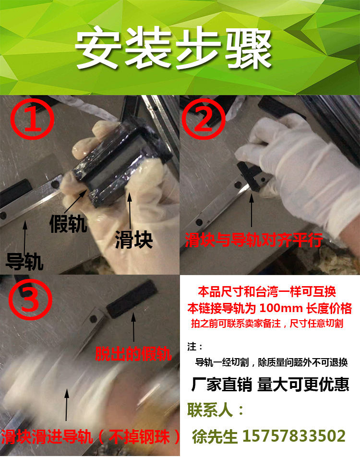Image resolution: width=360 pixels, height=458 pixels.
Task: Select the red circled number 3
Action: point(30,299)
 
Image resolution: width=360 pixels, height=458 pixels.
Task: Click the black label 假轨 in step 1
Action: point(68,224)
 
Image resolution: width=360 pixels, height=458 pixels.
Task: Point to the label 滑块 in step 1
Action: point(134,240)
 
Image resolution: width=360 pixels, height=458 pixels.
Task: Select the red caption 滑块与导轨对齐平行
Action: point(254,240)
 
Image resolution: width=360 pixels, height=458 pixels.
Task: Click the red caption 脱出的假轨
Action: point(133,354)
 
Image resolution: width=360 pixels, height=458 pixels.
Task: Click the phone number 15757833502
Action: point(294,436)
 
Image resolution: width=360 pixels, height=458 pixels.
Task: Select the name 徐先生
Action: point(215,436)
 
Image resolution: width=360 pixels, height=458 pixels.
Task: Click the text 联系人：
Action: point(216,410)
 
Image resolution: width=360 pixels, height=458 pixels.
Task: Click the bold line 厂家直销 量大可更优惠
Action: point(270,384)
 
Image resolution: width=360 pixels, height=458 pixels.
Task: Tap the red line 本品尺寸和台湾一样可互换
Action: point(267,291)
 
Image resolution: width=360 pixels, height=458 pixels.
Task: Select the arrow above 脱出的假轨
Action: point(133,327)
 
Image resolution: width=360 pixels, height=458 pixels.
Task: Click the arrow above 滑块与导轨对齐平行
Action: point(252,210)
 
